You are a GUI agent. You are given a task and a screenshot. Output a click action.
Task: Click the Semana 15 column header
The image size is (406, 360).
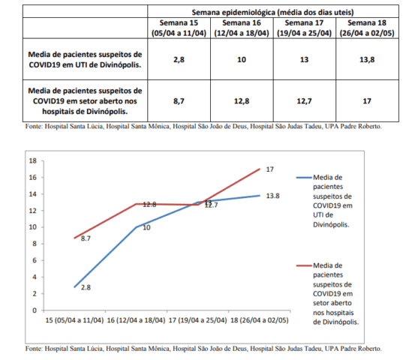[179, 28]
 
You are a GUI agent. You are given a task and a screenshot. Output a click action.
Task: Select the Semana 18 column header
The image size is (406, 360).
[367, 28]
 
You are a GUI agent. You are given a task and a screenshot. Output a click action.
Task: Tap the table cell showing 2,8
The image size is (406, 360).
[179, 59]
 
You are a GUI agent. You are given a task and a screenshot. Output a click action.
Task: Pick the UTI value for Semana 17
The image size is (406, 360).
[304, 59]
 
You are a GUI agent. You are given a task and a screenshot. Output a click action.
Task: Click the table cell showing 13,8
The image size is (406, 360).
[367, 59]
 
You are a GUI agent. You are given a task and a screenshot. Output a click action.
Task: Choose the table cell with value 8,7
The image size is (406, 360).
[179, 101]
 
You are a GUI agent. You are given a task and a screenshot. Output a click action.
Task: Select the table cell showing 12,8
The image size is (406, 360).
[242, 101]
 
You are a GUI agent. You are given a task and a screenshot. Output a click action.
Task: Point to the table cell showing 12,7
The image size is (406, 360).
[304, 101]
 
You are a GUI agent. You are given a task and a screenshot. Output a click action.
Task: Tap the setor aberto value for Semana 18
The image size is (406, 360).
[367, 101]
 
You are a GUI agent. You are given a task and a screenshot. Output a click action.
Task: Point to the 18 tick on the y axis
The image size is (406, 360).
[33, 160]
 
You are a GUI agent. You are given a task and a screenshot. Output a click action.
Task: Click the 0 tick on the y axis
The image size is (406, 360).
[35, 310]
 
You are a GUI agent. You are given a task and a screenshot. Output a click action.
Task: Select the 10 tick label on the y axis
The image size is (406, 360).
[33, 227]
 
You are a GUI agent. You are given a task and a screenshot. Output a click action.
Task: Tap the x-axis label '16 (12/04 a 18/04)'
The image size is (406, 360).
[136, 320]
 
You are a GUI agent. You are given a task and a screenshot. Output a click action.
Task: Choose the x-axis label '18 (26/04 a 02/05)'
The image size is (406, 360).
[259, 320]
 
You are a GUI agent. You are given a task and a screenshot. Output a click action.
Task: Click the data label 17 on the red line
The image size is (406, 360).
[270, 169]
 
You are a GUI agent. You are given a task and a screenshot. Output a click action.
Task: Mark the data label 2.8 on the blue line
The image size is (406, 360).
[86, 287]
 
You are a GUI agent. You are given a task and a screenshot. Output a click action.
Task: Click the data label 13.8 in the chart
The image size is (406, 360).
[272, 196]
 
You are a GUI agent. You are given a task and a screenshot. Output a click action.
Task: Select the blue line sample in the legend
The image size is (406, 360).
[304, 178]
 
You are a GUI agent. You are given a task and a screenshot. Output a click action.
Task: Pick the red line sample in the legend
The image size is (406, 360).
[304, 265]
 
